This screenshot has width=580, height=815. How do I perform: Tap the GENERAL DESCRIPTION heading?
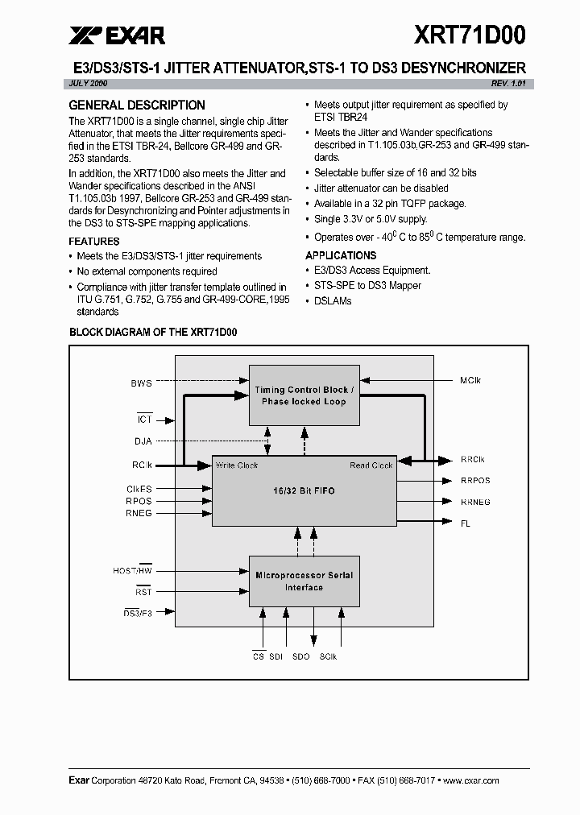click(x=137, y=105)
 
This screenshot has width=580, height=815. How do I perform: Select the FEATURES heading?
click(x=94, y=242)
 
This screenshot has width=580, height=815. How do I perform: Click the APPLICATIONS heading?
click(x=342, y=255)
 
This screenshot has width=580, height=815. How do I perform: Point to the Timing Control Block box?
click(x=304, y=395)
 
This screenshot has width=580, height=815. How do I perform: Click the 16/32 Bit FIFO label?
click(x=302, y=490)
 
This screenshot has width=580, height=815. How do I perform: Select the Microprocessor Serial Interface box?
click(x=304, y=581)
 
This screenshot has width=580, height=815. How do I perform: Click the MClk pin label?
click(x=471, y=380)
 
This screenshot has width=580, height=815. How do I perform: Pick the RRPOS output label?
click(x=475, y=481)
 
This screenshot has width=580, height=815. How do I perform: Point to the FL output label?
click(x=466, y=523)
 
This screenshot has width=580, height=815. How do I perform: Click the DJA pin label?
click(x=143, y=441)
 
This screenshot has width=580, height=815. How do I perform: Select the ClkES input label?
click(x=139, y=489)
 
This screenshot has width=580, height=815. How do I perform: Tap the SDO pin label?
click(x=300, y=657)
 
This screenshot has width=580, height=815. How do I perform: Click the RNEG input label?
click(x=139, y=513)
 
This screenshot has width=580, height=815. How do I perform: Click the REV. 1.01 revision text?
click(x=508, y=85)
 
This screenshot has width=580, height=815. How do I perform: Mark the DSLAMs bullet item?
click(x=333, y=300)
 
